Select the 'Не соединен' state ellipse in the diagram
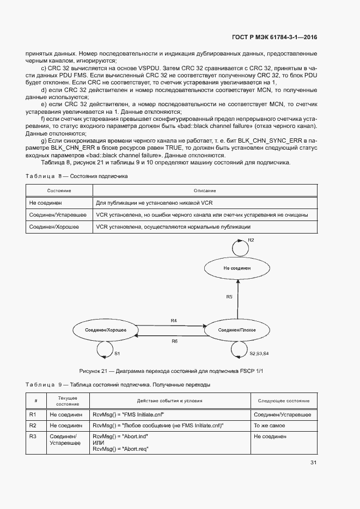[x=237, y=268]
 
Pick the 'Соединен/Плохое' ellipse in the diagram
[x=237, y=330]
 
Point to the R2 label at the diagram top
[x=251, y=240]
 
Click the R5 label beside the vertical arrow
[x=229, y=297]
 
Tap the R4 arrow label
[x=174, y=321]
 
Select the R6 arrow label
[x=174, y=341]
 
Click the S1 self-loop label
[x=117, y=354]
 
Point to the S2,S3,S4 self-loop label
[x=259, y=354]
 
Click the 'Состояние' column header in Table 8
[x=59, y=191]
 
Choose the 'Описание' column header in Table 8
[x=205, y=191]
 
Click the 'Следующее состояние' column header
[x=283, y=401]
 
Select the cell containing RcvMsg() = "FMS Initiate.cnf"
[x=129, y=414]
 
